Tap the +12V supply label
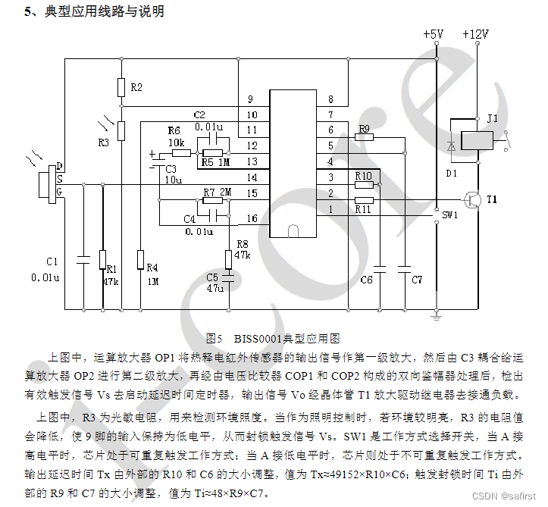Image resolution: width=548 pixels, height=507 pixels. tap(475, 34)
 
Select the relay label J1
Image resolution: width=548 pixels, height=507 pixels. tap(493, 119)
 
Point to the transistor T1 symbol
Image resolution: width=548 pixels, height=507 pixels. tap(471, 200)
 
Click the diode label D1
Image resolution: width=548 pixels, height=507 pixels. tap(452, 174)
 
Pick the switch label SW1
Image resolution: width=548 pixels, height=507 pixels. tap(450, 215)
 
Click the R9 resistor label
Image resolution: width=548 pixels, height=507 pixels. tap(364, 129)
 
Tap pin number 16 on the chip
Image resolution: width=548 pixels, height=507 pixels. tap(252, 218)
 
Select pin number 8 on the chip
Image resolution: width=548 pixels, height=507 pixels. tap(330, 100)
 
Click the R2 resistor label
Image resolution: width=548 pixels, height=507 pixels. tap(136, 88)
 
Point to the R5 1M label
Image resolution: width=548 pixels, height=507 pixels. tap(215, 162)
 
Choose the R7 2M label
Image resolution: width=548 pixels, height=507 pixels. tap(217, 193)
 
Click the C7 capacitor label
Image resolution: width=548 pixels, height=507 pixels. tap(417, 280)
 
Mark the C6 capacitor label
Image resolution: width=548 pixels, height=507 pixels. tap(366, 280)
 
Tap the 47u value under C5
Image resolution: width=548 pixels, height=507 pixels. tap(215, 288)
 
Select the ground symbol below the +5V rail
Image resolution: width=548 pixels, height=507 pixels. tap(437, 312)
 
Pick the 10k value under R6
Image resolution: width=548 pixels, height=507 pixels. tap(176, 142)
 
